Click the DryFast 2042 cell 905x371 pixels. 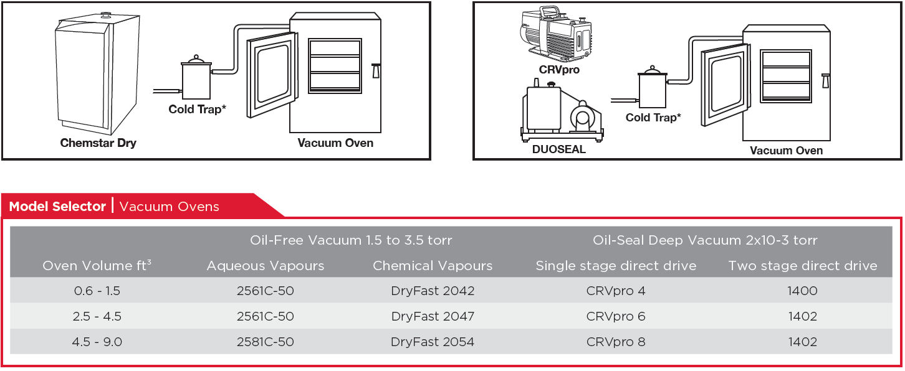[433, 291]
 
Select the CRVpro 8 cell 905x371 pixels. [615, 342]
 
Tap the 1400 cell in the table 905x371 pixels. [802, 291]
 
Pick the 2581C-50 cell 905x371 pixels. [265, 342]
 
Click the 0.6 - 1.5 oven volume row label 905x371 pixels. [97, 291]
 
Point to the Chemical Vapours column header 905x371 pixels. [433, 266]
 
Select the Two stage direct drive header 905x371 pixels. [802, 266]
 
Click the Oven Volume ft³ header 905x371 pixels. [97, 266]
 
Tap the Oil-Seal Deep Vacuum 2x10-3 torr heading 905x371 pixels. [704, 240]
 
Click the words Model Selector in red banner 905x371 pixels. [57, 207]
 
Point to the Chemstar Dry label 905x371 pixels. [98, 143]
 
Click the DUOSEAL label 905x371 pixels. [558, 149]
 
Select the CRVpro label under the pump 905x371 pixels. [559, 70]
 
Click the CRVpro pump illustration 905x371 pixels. [555, 34]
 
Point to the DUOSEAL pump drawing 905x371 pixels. [561, 112]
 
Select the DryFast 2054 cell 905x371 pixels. [433, 342]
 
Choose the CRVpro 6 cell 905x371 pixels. [615, 316]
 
